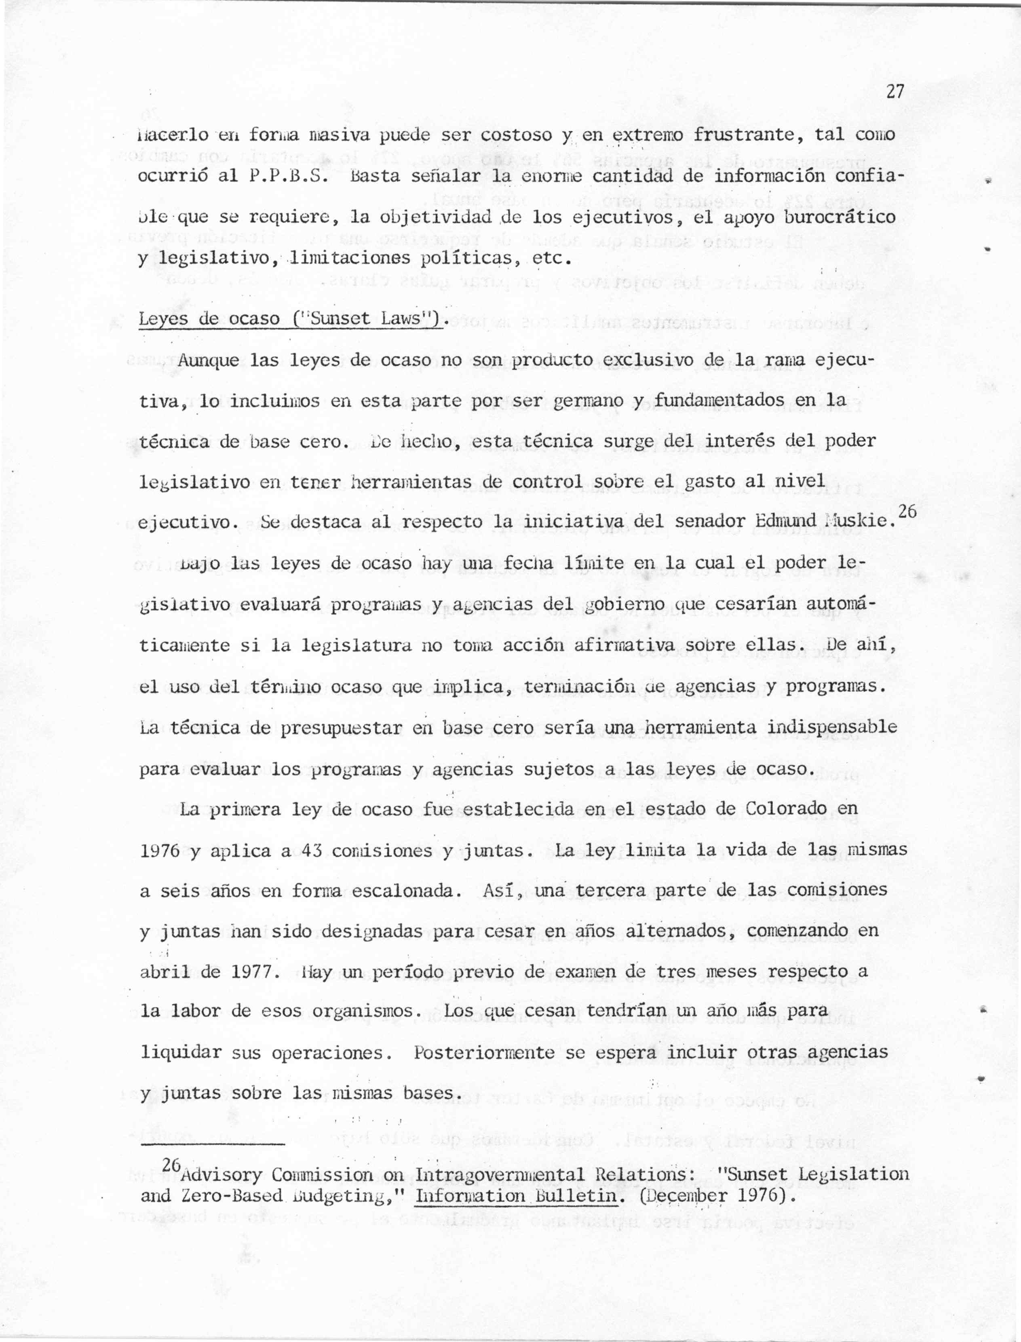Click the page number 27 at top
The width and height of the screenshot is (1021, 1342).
(895, 92)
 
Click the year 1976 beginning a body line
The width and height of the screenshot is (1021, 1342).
(160, 851)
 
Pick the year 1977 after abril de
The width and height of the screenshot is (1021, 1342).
(251, 971)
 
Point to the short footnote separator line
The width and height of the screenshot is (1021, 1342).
(212, 1144)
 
